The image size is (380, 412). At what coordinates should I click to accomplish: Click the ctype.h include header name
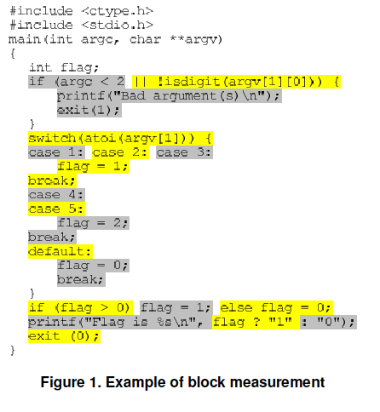[118, 11]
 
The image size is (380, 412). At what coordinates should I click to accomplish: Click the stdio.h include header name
[118, 26]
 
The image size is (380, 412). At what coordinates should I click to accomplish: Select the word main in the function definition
[25, 39]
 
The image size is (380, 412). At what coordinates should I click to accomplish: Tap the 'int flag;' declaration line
[64, 67]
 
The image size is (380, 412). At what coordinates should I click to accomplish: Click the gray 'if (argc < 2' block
[77, 82]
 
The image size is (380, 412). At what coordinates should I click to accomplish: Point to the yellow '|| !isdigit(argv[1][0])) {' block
[236, 82]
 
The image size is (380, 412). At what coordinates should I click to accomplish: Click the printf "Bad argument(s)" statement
[170, 96]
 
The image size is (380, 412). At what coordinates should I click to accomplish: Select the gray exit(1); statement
[89, 110]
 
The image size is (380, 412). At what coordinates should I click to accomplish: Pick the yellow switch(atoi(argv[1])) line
[120, 139]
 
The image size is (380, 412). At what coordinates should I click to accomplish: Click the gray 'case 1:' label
[56, 152]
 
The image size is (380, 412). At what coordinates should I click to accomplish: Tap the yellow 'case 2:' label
[120, 152]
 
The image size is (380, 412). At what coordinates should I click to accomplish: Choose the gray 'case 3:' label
[184, 152]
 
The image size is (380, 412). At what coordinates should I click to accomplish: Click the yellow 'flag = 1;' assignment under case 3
[93, 167]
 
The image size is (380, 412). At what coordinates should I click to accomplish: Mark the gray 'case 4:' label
[56, 195]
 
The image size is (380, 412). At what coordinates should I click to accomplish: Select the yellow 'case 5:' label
[56, 209]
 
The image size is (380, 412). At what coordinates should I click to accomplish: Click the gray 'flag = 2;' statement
[93, 223]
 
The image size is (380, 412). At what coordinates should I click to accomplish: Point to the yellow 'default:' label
[60, 251]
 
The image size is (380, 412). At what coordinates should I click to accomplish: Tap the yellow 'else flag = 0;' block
[276, 308]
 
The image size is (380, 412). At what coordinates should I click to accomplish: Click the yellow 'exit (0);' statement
[64, 336]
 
